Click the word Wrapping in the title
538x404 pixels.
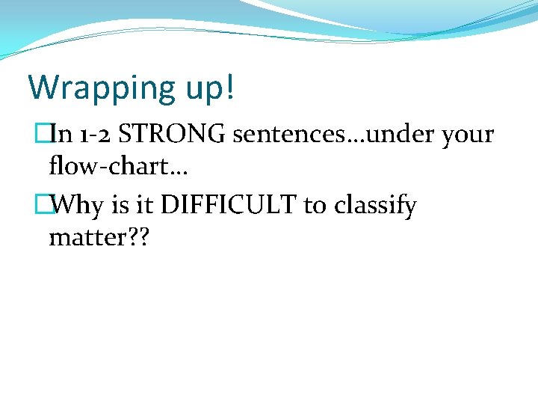[x=100, y=88]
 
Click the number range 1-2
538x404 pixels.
[x=95, y=135]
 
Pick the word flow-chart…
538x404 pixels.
[x=118, y=167]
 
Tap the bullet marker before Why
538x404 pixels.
[x=51, y=205]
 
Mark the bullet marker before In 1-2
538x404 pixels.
[x=51, y=135]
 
